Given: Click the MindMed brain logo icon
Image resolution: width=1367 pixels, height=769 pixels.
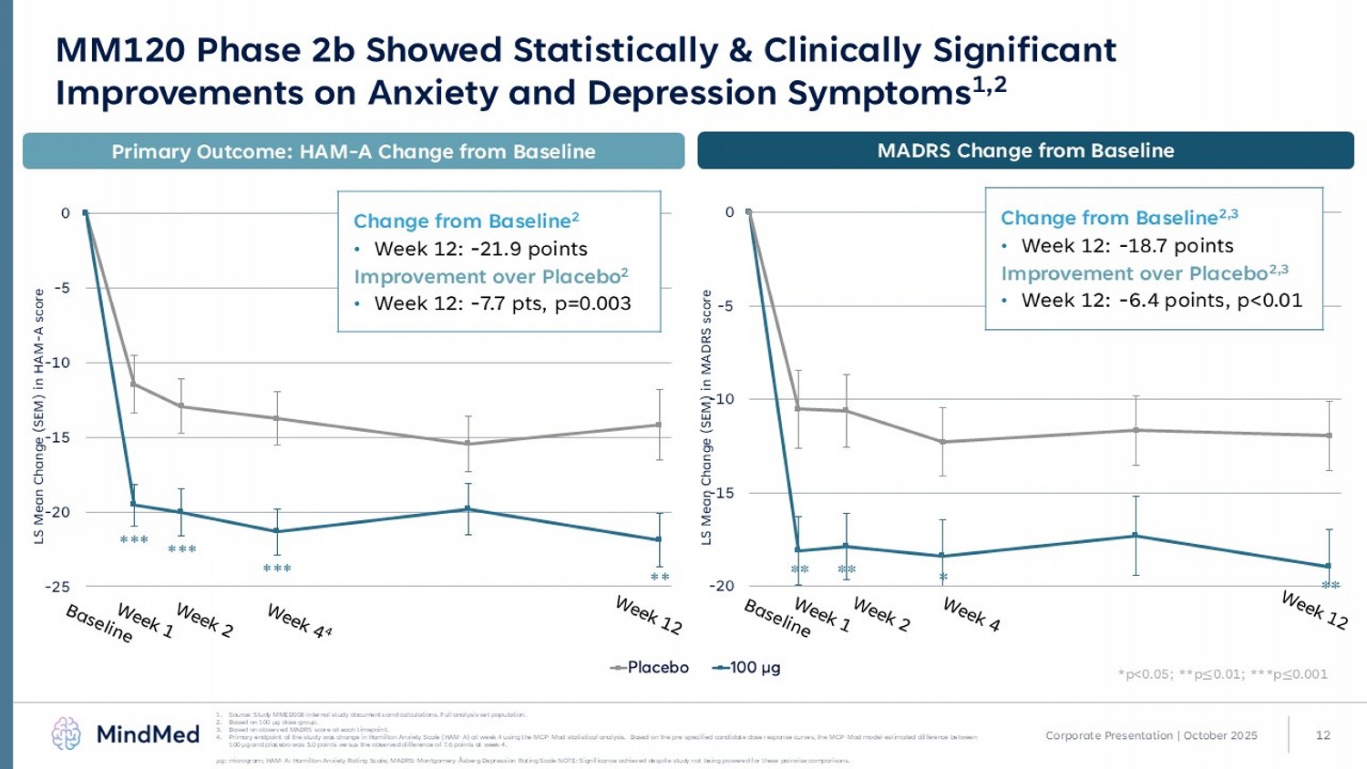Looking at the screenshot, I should pos(67,733).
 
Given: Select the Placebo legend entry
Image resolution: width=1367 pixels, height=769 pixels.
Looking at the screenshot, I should pos(650,668).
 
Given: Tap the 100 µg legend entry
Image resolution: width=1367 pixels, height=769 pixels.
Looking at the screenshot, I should pos(747,668).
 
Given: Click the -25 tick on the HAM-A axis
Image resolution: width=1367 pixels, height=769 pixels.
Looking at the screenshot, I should pos(57,587).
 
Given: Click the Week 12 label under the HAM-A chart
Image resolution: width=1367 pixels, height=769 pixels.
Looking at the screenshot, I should pos(648,615).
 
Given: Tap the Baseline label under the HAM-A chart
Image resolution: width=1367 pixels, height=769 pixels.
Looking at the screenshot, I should pos(99,623).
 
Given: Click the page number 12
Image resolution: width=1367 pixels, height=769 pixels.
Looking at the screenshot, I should pos(1323,735).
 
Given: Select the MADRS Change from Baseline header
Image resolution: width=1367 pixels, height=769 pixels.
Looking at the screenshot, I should pos(1025,151).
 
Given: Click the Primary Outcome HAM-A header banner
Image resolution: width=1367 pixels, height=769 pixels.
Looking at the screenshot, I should pos(354,152).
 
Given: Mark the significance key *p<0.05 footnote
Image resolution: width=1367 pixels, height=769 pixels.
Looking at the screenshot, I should pos(1222,674).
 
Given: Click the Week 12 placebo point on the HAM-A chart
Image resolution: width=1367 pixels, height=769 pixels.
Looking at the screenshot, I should pos(659,425).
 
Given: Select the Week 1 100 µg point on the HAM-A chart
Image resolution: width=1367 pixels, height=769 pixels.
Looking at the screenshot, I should pos(134,504).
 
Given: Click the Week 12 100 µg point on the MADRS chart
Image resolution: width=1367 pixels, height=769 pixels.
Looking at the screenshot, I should pos(1328,566).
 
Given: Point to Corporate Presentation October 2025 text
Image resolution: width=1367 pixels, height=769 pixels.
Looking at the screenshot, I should pos(1151,735).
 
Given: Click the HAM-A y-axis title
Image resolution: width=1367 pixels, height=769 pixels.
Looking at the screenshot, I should pos(39,416).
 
